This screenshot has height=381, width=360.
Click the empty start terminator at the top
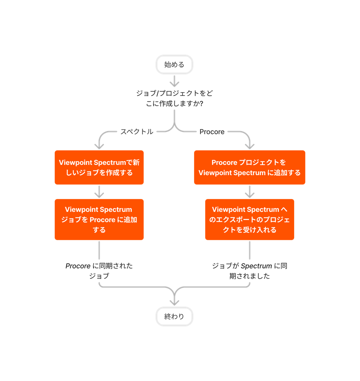point(174,64)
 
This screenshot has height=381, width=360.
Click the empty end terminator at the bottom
point(174,317)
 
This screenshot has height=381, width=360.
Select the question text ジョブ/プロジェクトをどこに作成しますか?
point(174,98)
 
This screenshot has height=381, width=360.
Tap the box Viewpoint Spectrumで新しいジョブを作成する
point(99,167)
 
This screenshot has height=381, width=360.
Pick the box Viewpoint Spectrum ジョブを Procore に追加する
point(99,220)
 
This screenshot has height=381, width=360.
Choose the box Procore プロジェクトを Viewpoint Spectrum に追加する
point(250,167)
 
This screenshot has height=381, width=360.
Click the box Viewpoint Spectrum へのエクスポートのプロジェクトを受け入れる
point(250,220)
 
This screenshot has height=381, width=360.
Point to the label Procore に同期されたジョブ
point(99,271)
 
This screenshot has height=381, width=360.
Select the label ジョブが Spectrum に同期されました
point(250,271)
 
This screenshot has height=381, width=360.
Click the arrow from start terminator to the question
point(174,81)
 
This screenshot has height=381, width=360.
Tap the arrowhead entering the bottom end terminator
point(174,302)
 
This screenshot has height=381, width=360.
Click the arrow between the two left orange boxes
point(99,191)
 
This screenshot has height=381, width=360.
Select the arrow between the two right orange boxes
point(250,191)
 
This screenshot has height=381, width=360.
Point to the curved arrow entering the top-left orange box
point(103,139)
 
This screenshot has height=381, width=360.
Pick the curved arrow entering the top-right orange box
point(246,139)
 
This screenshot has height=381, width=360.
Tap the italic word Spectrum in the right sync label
point(257,266)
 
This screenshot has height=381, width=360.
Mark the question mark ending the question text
point(201,103)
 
